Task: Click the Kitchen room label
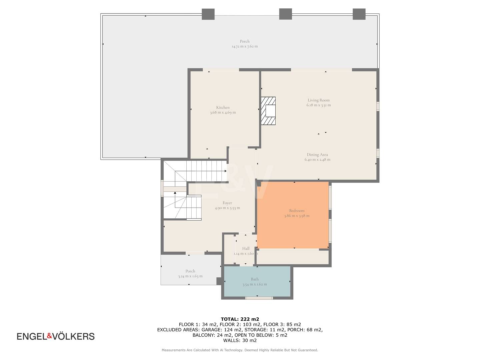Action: coord(223,107)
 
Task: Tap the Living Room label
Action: coord(319,100)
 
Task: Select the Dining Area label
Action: coord(317,155)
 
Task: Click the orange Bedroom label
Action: coord(297,210)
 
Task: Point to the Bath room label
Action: coord(255,279)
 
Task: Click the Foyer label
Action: coord(227,203)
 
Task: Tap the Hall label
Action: coord(246,249)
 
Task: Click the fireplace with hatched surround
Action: coord(268,111)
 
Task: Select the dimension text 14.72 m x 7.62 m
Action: coord(245,46)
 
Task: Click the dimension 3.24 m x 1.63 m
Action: coord(190,276)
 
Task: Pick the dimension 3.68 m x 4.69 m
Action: coord(223,113)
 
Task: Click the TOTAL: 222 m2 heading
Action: coord(240,319)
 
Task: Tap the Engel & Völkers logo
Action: coord(56,336)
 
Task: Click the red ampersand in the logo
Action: coord(50,336)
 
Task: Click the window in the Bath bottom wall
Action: coord(259,298)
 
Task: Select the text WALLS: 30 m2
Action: coord(240,340)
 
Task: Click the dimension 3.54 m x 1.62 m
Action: coord(255,284)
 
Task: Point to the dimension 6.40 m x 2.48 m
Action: coord(318,160)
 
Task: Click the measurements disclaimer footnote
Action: coord(240,350)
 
